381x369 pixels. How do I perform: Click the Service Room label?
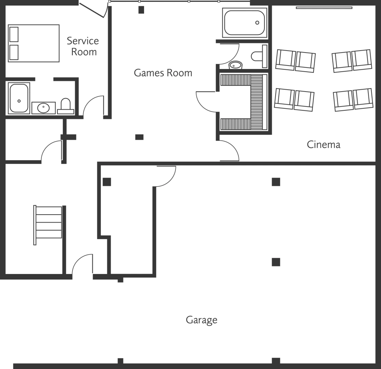(83, 46)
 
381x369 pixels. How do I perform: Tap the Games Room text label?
(163, 73)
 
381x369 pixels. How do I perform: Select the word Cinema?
(324, 145)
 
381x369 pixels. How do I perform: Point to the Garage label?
(201, 320)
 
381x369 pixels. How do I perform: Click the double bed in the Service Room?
(34, 43)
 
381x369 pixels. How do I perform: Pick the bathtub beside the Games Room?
(245, 23)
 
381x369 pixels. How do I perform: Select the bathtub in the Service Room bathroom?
(19, 98)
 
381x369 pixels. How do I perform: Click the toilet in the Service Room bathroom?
(65, 106)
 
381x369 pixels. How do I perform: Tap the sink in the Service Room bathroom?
(43, 108)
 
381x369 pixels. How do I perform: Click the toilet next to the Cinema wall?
(259, 56)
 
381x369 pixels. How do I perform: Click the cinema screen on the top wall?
(319, 7)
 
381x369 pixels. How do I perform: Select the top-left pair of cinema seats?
(295, 60)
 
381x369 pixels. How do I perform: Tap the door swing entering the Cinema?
(228, 151)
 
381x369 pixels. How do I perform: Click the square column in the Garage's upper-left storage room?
(107, 182)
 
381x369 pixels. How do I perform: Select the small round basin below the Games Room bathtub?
(235, 65)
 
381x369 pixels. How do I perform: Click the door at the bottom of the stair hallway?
(82, 264)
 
